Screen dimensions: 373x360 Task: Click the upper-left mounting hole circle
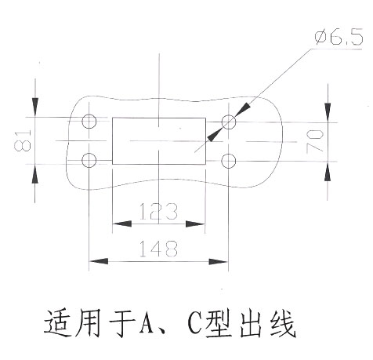[89, 114]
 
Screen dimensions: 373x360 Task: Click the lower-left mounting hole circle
[89, 153]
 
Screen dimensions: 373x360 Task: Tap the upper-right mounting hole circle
[229, 115]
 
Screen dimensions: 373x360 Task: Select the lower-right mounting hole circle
[229, 154]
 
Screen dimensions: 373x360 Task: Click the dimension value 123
[158, 211]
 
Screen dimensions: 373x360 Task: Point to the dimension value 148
[158, 249]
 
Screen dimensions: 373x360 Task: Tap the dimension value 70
[315, 141]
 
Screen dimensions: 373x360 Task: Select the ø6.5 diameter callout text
[339, 37]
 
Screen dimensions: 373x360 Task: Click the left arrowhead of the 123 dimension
[122, 224]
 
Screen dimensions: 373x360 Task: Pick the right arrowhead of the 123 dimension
[195, 224]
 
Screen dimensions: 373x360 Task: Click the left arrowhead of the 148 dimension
[99, 261]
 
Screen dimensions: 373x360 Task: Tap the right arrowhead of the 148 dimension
[219, 261]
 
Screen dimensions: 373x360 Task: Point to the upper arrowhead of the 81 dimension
[35, 107]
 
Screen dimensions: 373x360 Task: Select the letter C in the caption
[195, 324]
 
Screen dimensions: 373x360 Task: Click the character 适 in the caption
[58, 324]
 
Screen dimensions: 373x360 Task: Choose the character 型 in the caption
[219, 324]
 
